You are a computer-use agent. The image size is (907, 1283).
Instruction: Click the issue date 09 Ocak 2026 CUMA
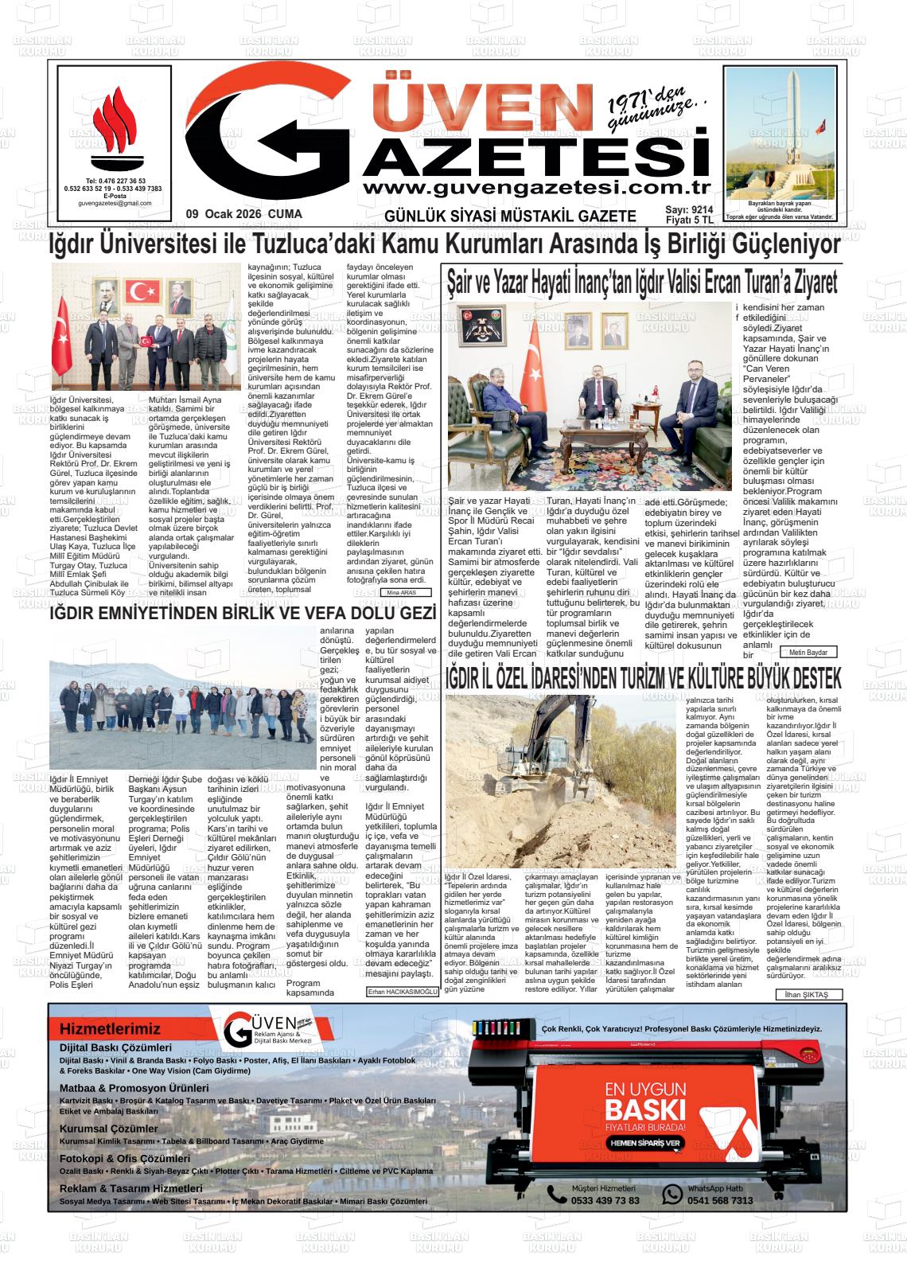(x=243, y=215)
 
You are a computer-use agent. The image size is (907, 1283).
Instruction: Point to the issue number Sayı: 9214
(x=689, y=210)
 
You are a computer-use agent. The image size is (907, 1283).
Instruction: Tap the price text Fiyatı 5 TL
(x=689, y=220)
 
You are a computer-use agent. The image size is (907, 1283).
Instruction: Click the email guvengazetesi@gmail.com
(x=115, y=204)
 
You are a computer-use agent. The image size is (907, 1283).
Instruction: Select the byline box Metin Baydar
(x=808, y=653)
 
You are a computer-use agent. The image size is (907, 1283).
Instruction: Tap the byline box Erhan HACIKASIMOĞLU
(x=403, y=992)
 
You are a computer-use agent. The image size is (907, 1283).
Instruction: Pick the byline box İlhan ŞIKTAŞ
(x=808, y=995)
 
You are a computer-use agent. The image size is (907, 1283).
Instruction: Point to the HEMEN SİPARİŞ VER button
(x=645, y=1143)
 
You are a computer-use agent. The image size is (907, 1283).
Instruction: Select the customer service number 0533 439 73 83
(x=605, y=1200)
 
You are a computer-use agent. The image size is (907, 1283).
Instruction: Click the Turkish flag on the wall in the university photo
(x=143, y=292)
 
